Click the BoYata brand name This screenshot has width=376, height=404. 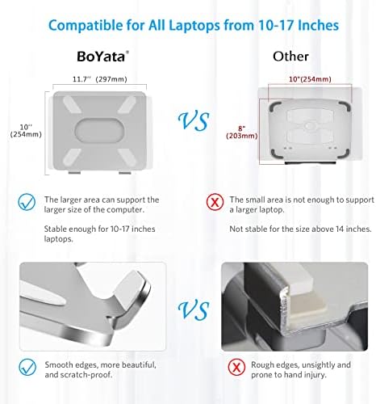pos(101,57)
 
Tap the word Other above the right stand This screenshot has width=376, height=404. pos(290,57)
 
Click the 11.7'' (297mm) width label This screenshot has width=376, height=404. pos(100,79)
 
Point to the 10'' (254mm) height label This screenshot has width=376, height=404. pos(26,131)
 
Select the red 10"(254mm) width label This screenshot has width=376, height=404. pos(310,79)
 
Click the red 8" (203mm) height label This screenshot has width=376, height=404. pos(242,133)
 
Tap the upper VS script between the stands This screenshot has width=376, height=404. pos(194,121)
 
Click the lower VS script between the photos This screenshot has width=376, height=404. pos(194,310)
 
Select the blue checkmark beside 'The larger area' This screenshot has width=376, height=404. pos(27,202)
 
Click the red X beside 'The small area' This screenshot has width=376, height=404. pos(215,202)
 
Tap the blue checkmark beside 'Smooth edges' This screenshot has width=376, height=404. pos(27,367)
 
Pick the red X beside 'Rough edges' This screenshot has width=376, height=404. pos(236,367)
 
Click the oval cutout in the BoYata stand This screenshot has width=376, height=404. pos(100,131)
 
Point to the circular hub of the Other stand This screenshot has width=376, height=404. pos(310,126)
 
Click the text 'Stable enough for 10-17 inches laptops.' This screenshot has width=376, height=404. pos(100,234)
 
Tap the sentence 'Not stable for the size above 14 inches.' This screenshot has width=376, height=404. pos(300,229)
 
